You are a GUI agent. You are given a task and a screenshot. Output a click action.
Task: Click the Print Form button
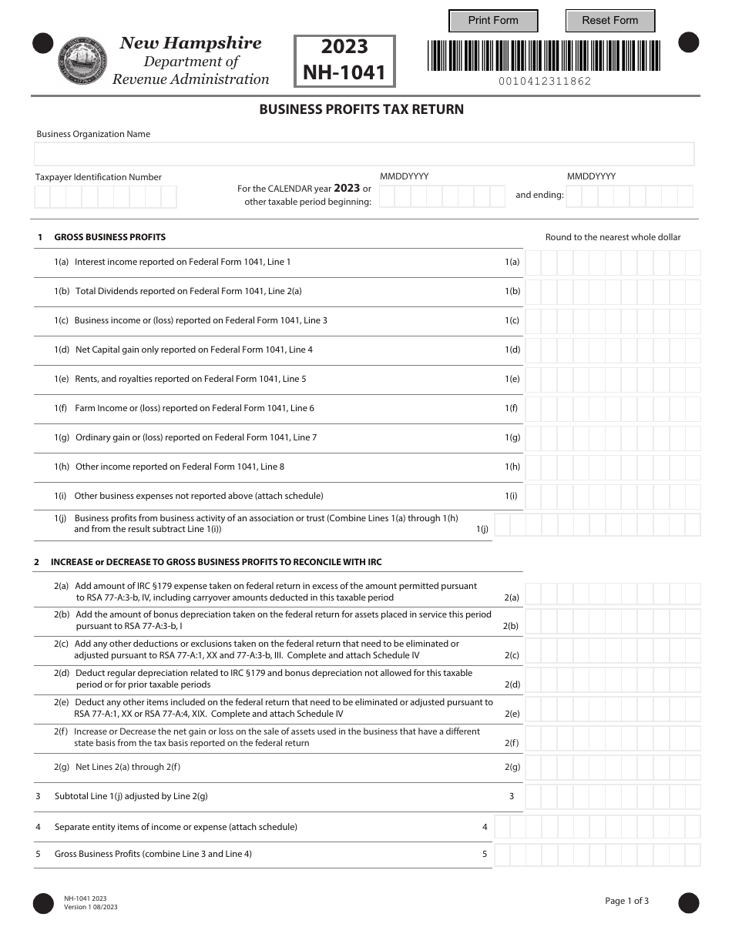[x=493, y=21]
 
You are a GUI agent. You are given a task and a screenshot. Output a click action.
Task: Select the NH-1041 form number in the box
[x=344, y=73]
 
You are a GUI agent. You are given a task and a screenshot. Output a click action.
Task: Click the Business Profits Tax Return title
[x=361, y=109]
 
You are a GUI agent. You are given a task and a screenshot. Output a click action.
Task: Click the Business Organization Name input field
[x=364, y=154]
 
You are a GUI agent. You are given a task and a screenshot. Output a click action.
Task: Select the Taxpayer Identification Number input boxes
[x=106, y=197]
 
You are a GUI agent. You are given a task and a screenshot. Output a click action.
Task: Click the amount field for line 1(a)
[x=613, y=263]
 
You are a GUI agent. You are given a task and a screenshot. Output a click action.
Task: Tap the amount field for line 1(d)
[x=613, y=350]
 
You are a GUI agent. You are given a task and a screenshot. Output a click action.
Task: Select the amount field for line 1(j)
[x=597, y=525]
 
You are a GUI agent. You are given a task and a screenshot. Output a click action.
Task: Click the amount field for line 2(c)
[x=613, y=651]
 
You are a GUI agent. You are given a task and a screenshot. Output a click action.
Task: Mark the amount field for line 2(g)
[x=613, y=768]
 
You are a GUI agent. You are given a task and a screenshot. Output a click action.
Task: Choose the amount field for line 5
[x=597, y=855]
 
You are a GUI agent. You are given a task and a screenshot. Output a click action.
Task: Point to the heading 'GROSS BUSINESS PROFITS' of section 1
[x=109, y=237]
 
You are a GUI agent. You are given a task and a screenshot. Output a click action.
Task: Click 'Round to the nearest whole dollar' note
[x=613, y=237]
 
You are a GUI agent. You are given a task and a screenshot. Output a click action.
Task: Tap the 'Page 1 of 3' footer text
[x=626, y=901]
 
